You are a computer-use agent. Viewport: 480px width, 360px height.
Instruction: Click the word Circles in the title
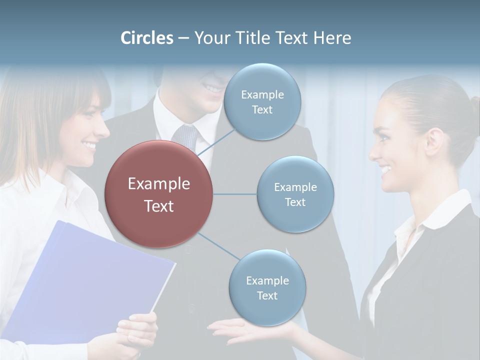[x=146, y=38]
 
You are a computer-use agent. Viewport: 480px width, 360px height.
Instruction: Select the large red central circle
[x=158, y=194]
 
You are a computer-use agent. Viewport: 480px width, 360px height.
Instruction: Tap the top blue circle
[x=262, y=102]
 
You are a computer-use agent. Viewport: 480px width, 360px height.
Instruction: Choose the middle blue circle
[x=295, y=194]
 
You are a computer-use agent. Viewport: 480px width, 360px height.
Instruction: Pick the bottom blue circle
[x=267, y=288]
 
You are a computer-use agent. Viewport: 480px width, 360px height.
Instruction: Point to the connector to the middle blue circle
[x=235, y=194]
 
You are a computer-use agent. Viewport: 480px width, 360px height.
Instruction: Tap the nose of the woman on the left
[x=104, y=129]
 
